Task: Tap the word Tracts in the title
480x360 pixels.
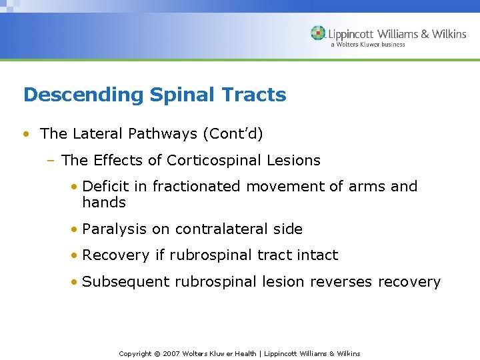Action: click(255, 95)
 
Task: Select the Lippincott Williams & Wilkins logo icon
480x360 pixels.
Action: click(318, 33)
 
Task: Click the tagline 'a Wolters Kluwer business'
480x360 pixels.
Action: click(367, 45)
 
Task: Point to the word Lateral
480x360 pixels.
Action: click(96, 133)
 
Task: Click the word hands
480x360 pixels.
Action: click(104, 202)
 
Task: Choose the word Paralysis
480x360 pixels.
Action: click(114, 229)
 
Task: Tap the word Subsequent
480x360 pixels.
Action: click(126, 282)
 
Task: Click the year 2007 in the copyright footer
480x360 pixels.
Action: click(171, 353)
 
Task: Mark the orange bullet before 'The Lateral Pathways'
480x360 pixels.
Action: click(25, 134)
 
